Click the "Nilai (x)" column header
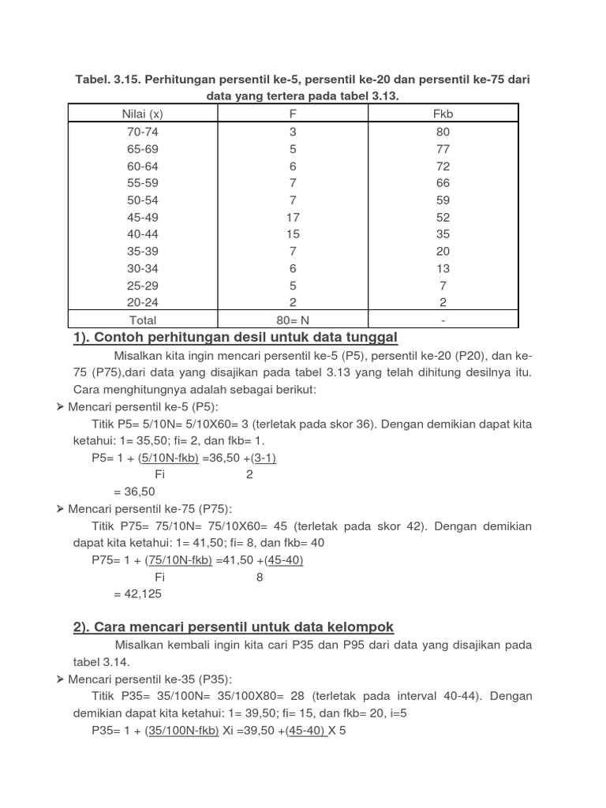point(143,114)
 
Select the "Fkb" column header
point(443,114)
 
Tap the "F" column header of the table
point(293,114)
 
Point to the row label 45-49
point(143,217)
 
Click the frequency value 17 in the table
point(293,217)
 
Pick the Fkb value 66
point(443,182)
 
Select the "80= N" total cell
point(293,320)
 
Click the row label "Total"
point(143,320)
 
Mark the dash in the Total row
point(443,320)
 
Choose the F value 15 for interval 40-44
point(293,234)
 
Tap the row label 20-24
point(143,302)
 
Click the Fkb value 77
point(443,148)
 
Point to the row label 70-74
point(143,132)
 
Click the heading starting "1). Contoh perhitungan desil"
point(235,338)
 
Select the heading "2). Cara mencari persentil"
point(234,627)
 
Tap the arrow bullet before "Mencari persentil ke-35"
point(61,679)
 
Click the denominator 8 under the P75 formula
point(260,577)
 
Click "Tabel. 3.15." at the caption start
point(108,80)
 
